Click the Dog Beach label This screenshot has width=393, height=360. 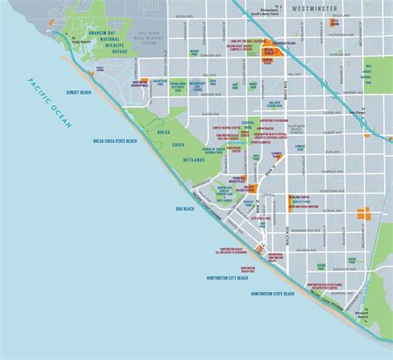183,208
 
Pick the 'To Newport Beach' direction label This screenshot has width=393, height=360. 361,316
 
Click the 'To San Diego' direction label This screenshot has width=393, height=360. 356,111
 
